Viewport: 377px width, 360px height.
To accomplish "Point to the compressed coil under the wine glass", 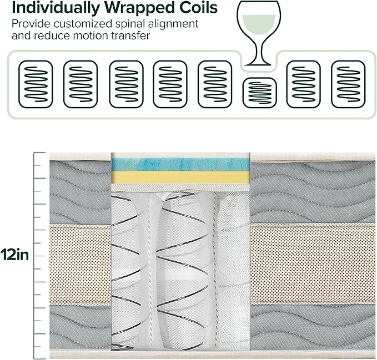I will (260, 92).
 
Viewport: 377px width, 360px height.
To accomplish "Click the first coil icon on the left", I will (36, 84).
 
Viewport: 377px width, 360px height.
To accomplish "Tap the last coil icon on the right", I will (348, 84).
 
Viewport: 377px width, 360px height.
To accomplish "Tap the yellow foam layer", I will (180, 178).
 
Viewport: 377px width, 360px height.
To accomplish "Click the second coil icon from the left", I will (81, 84).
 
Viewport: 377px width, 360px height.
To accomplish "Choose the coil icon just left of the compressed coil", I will (215, 84).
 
